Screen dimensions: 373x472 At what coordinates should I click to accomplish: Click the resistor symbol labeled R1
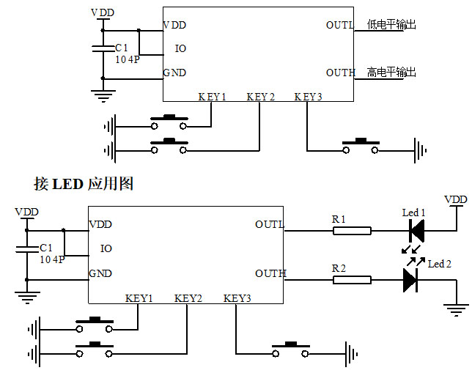(x=352, y=231)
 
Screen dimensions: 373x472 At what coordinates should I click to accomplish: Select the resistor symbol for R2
(x=352, y=280)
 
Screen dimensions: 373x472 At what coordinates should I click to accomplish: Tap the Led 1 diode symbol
(x=416, y=231)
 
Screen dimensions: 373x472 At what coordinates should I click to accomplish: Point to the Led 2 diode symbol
(x=410, y=281)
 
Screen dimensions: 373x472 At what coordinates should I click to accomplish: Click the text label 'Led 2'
(x=439, y=264)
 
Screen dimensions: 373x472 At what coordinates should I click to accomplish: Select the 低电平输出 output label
(x=391, y=25)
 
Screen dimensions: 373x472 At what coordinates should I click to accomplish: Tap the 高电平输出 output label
(x=391, y=73)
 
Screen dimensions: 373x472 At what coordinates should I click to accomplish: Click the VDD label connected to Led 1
(x=455, y=199)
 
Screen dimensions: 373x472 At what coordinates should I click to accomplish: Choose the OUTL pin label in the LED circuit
(x=269, y=224)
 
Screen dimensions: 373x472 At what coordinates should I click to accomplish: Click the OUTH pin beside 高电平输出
(x=340, y=73)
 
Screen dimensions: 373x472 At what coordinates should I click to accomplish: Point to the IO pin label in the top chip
(x=180, y=49)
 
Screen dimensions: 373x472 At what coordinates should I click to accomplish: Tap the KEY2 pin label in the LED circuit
(x=188, y=298)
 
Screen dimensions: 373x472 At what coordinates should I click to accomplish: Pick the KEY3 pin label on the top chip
(x=308, y=97)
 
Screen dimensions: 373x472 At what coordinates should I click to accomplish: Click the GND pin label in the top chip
(x=174, y=73)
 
